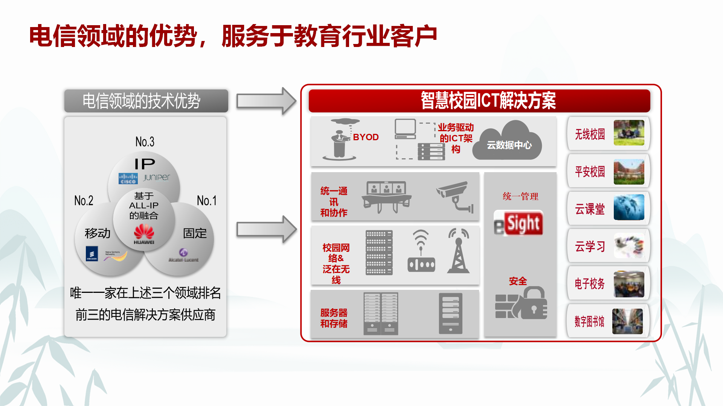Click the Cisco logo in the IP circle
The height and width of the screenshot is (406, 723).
pyautogui.click(x=128, y=179)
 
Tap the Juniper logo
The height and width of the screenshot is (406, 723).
pyautogui.click(x=157, y=177)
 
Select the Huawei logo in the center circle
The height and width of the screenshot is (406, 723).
pyautogui.click(x=144, y=234)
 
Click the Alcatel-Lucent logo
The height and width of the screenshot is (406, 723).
pyautogui.click(x=183, y=255)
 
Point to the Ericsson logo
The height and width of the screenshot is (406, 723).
pyautogui.click(x=92, y=253)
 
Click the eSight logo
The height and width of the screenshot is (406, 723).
pyautogui.click(x=519, y=223)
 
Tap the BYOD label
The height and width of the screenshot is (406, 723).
pyautogui.click(x=366, y=137)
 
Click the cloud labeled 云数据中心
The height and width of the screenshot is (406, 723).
pyautogui.click(x=509, y=142)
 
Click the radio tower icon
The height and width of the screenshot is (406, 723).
pyautogui.click(x=458, y=251)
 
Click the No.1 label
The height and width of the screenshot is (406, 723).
pyautogui.click(x=207, y=201)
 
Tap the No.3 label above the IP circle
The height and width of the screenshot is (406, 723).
pyautogui.click(x=145, y=142)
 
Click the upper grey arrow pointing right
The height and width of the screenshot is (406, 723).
pyautogui.click(x=266, y=101)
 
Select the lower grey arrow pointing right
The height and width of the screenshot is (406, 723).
pyautogui.click(x=266, y=229)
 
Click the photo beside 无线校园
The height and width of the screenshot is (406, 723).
pyautogui.click(x=629, y=133)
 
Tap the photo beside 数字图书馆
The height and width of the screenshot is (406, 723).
pyautogui.click(x=627, y=321)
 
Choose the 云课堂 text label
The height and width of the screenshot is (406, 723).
pyautogui.click(x=590, y=209)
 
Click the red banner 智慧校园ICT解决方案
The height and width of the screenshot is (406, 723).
pyautogui.click(x=479, y=101)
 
